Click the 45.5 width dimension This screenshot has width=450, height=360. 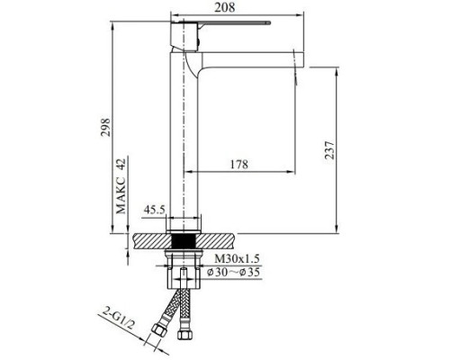coord(156,210)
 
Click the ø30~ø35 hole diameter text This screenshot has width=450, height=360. coord(234,273)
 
